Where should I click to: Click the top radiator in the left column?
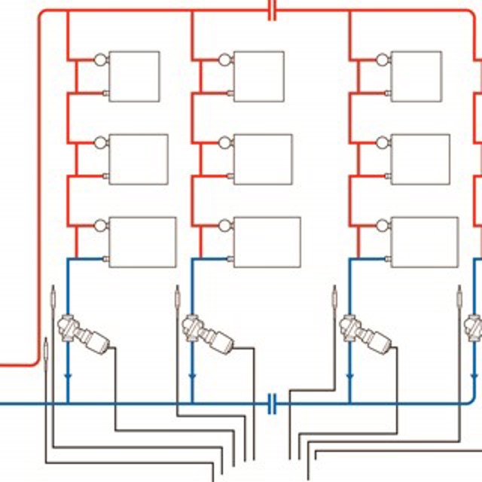point(134,76)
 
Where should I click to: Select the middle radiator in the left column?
point(139,159)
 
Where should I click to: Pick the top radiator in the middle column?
point(259,76)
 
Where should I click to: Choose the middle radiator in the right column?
point(420,159)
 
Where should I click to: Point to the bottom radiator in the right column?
point(425,242)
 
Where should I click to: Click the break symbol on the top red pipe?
point(273,11)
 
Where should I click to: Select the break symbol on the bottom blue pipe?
point(273,404)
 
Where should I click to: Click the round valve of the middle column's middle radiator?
point(224,142)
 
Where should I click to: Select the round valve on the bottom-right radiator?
point(381,224)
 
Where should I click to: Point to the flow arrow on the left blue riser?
point(68,375)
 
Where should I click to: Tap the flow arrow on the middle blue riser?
point(192,375)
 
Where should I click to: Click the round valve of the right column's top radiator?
point(381,59)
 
